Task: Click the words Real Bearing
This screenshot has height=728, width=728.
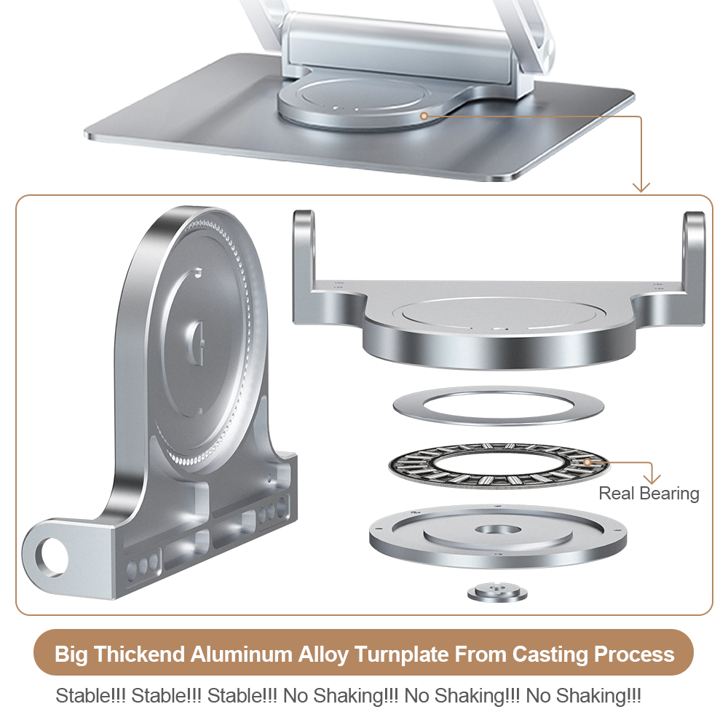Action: [649, 494]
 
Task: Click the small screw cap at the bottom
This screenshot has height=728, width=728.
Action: [497, 593]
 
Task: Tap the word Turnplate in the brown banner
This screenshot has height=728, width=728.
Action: [401, 654]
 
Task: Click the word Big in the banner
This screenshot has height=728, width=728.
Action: [71, 654]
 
